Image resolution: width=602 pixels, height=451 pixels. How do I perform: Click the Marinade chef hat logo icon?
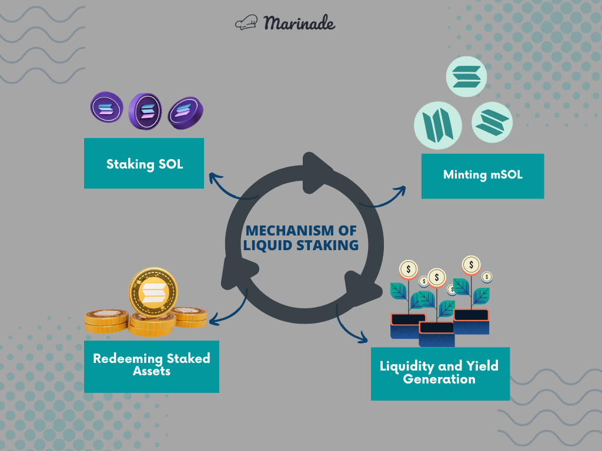click(246, 23)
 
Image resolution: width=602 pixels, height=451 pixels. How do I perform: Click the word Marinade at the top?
click(299, 23)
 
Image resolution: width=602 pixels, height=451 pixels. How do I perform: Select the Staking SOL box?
click(144, 163)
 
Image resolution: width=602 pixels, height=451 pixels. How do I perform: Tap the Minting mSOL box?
click(483, 175)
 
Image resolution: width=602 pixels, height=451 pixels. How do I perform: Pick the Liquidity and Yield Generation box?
click(440, 373)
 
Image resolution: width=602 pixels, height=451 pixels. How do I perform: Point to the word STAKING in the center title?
click(328, 245)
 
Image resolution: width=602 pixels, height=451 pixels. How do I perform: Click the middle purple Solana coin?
click(145, 110)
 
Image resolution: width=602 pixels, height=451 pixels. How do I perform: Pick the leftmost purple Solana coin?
click(106, 108)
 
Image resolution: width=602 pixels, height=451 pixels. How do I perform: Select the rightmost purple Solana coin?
click(186, 113)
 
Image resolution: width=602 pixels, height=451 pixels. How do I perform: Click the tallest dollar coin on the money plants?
click(471, 265)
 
